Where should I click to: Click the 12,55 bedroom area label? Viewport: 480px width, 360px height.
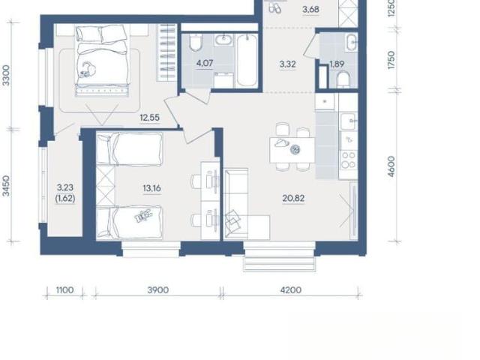[150, 118]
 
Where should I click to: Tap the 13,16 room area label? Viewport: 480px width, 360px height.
[151, 188]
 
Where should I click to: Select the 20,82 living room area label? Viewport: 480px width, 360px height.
[293, 198]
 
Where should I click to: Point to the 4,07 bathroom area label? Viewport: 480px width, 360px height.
[205, 63]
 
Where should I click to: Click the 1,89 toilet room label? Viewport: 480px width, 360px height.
[337, 64]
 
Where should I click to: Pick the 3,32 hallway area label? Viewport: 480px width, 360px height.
[288, 64]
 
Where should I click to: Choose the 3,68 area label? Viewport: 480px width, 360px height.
[310, 10]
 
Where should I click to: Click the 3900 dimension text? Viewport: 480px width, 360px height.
[158, 290]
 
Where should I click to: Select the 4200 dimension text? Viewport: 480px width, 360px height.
[291, 290]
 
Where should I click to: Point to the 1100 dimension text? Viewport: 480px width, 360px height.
[65, 290]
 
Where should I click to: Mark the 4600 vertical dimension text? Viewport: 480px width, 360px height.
[391, 166]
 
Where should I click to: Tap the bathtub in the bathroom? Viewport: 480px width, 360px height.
[247, 60]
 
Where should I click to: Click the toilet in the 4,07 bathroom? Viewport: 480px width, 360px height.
[196, 42]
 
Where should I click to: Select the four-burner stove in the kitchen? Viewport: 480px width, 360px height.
[349, 160]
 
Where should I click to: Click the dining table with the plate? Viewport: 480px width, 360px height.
[292, 150]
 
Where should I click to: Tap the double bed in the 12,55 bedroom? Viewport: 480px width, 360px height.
[101, 61]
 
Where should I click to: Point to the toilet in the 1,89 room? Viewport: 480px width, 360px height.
[343, 79]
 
